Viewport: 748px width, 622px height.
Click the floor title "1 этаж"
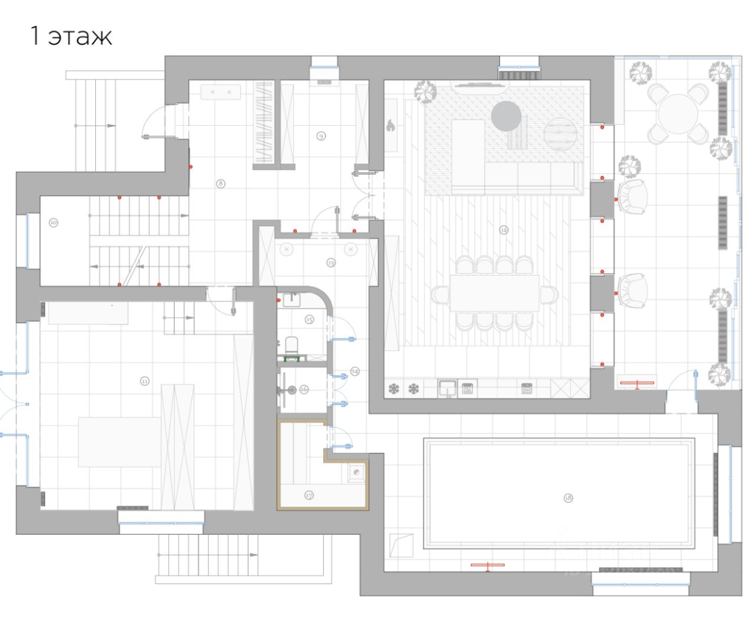tap(71, 37)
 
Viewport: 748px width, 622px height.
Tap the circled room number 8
tap(221, 183)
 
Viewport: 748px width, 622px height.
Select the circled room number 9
tap(321, 136)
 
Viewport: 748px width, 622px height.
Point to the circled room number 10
tap(53, 222)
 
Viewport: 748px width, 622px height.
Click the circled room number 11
tap(145, 381)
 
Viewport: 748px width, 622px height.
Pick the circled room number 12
tap(504, 230)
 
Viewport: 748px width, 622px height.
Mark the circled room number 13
tap(331, 263)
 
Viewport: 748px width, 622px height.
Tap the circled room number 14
tap(355, 371)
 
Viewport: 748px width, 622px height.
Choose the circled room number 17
tap(309, 496)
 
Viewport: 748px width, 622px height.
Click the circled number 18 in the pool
tap(568, 498)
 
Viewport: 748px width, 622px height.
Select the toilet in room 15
tap(292, 346)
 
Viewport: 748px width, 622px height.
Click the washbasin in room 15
tap(293, 299)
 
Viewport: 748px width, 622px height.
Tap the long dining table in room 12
tap(495, 293)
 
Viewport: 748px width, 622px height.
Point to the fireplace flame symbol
tap(391, 126)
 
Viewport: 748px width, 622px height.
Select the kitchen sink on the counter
tap(447, 387)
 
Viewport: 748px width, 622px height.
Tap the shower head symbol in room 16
tap(292, 389)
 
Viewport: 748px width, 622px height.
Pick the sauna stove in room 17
tap(356, 472)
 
